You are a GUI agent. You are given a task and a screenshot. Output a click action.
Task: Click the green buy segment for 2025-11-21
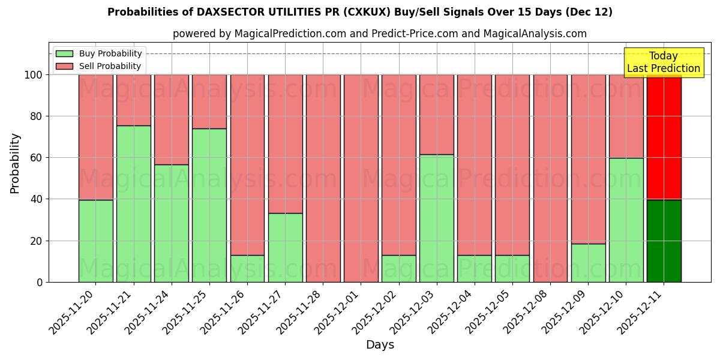tap(134, 204)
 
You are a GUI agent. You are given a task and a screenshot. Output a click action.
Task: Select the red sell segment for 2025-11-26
tap(247, 165)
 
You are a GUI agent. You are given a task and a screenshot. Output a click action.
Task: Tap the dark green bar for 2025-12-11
tap(664, 241)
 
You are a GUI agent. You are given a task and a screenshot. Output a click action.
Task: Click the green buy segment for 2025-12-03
tap(436, 218)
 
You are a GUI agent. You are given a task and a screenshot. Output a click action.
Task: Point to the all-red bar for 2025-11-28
tap(323, 178)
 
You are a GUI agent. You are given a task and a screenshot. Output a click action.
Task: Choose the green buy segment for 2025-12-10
tap(626, 220)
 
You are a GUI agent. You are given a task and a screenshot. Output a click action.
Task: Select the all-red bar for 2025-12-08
tap(550, 178)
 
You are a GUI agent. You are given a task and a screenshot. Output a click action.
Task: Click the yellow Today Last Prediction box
tap(663, 62)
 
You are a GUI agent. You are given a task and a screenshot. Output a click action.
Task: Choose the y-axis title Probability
tap(15, 163)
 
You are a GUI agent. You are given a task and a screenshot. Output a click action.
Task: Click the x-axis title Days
tap(380, 345)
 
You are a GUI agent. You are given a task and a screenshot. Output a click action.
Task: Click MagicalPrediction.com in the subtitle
tap(290, 34)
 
